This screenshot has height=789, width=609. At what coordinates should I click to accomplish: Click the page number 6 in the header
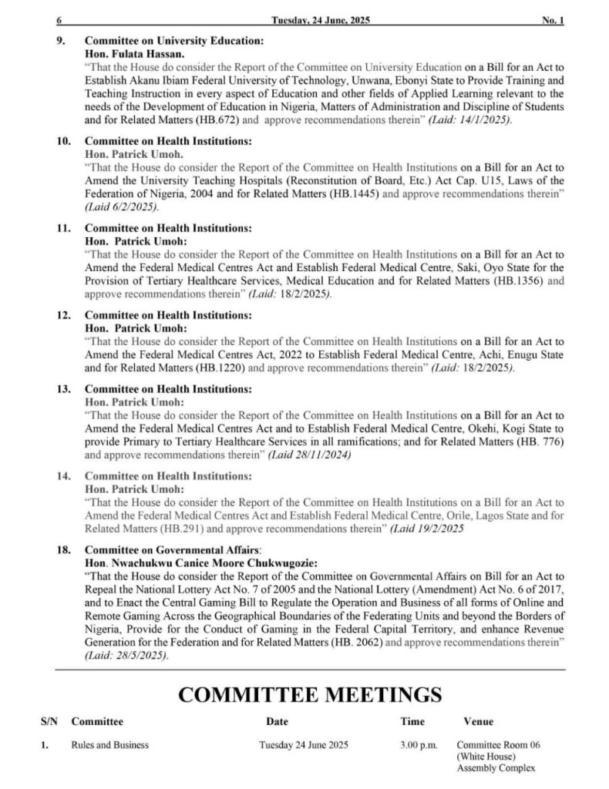[x=59, y=21]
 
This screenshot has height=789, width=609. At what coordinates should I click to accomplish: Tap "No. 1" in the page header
[x=552, y=21]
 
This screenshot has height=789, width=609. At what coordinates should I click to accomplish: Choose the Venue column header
[x=478, y=722]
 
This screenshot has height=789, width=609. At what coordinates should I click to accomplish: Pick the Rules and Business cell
[x=109, y=745]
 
